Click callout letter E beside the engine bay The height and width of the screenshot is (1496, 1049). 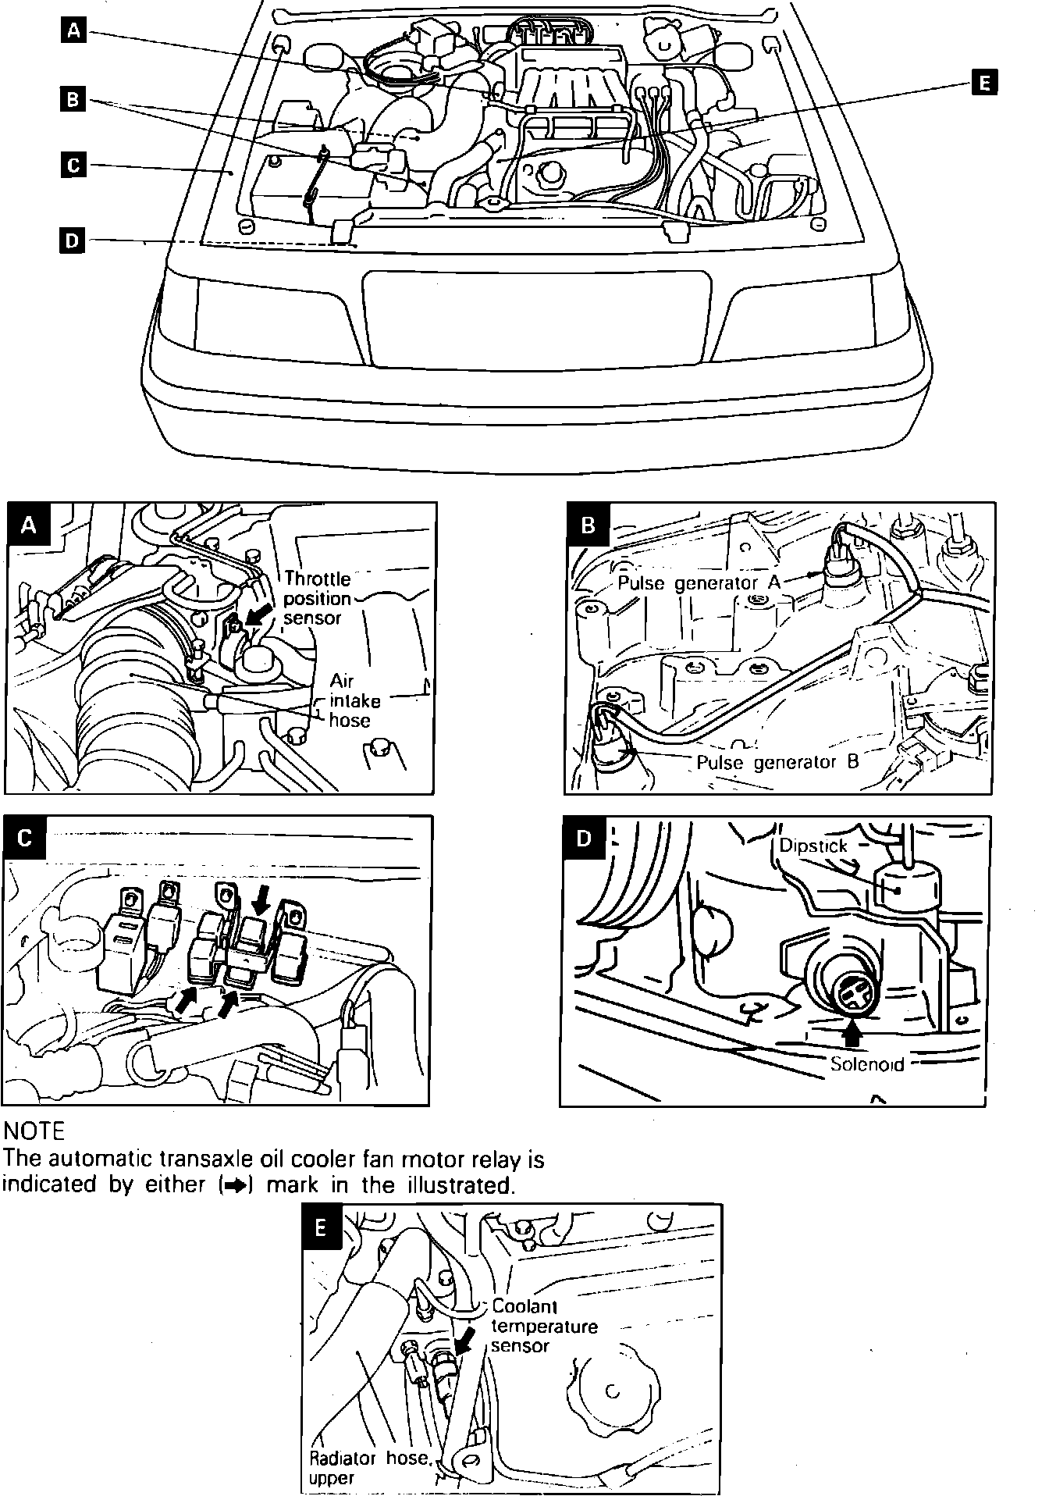(x=984, y=82)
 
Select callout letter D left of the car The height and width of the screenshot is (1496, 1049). (x=72, y=240)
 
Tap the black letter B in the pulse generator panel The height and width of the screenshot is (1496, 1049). (x=589, y=525)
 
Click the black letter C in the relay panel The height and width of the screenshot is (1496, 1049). (x=25, y=838)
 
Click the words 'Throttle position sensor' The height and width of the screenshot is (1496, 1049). (x=317, y=598)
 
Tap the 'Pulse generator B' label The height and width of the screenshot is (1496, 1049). (x=777, y=761)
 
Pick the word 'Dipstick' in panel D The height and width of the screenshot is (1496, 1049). (x=813, y=846)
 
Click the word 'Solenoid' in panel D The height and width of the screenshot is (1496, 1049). (x=866, y=1063)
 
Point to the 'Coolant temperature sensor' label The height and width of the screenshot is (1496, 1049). (x=543, y=1326)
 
